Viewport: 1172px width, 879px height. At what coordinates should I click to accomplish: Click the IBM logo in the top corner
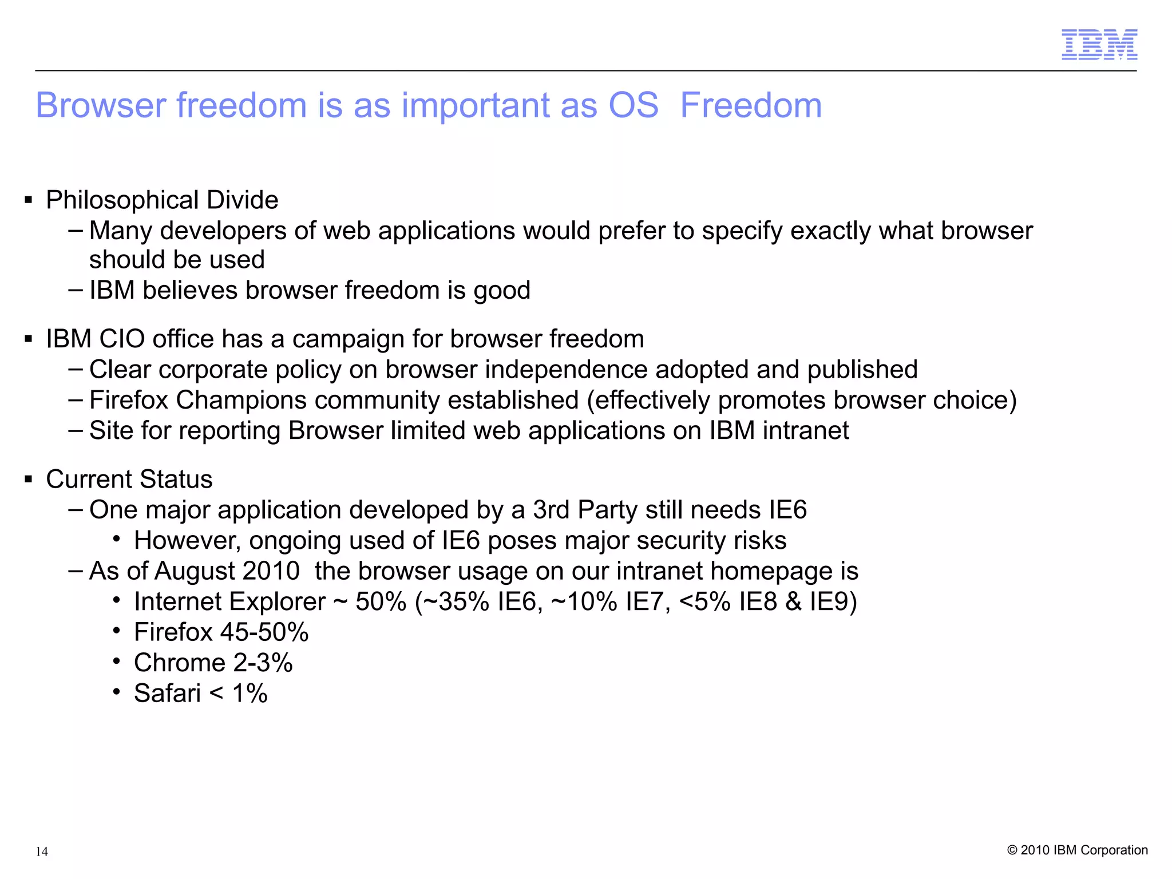pos(1099,45)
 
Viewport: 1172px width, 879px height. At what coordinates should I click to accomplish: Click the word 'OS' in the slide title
pos(633,106)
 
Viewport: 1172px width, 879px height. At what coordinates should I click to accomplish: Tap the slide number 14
pos(42,852)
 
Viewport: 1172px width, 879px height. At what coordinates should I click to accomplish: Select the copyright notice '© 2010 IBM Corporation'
pos(1077,850)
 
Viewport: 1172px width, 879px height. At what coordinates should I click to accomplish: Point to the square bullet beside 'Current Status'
pos(28,478)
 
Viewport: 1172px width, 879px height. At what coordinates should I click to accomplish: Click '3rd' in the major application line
pos(552,510)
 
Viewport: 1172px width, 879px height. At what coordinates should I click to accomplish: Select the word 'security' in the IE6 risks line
pos(684,541)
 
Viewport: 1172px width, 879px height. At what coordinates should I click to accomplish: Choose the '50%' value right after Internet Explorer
pos(381,602)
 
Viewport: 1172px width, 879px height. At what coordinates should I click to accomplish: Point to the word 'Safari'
pos(167,694)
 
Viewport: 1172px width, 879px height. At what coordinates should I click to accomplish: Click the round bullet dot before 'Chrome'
pos(117,662)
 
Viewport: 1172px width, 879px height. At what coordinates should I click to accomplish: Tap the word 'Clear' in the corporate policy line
pos(120,370)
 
